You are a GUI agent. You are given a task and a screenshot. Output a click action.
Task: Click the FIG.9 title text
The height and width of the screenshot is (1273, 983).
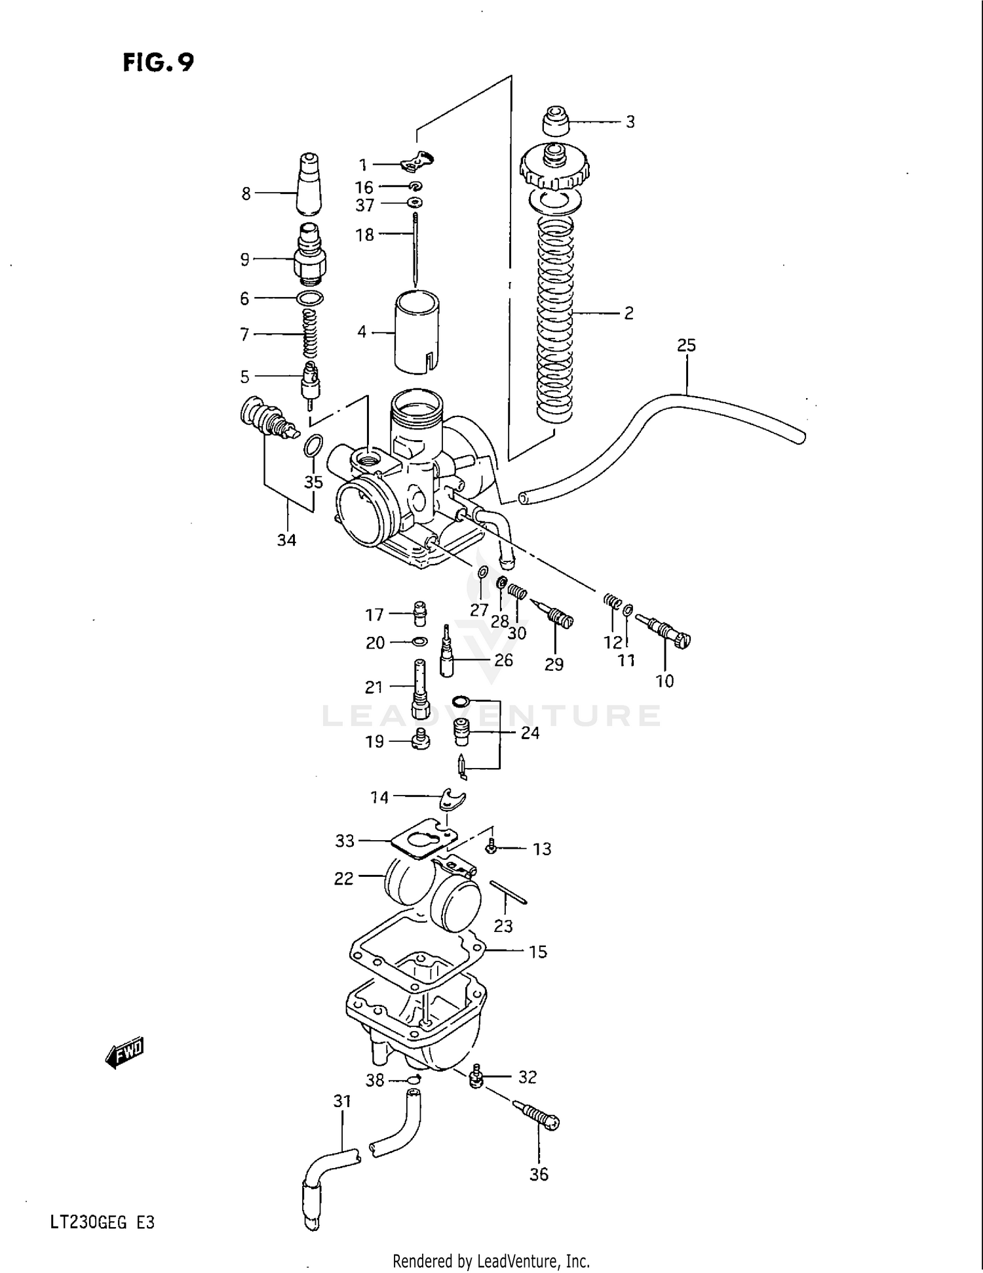(x=158, y=62)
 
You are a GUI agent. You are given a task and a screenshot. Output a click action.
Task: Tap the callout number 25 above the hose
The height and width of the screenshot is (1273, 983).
(x=686, y=345)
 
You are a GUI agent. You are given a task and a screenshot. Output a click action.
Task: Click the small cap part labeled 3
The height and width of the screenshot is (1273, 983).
(x=556, y=121)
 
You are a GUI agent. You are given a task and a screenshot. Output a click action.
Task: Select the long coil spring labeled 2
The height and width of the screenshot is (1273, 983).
(x=555, y=321)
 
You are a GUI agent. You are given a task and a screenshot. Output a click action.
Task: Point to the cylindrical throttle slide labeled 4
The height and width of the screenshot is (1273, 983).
(x=416, y=331)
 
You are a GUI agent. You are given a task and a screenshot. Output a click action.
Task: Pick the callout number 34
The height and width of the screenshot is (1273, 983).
(x=286, y=540)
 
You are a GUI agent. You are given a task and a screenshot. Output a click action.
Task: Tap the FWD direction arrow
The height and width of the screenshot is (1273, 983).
(x=125, y=1053)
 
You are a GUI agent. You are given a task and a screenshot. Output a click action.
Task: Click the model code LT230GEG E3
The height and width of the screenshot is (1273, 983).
(x=102, y=1222)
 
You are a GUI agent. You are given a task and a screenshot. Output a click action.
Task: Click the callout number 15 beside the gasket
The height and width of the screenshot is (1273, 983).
(x=537, y=952)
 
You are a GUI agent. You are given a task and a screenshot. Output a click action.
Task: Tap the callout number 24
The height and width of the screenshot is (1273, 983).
(x=530, y=733)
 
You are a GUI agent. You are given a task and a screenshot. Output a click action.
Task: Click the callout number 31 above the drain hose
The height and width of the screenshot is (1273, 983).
(x=342, y=1101)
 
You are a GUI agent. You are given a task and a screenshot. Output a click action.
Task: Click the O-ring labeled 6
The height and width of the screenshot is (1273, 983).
(x=309, y=298)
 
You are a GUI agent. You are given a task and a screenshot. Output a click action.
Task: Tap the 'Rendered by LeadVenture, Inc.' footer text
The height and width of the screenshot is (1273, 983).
(x=491, y=1261)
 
